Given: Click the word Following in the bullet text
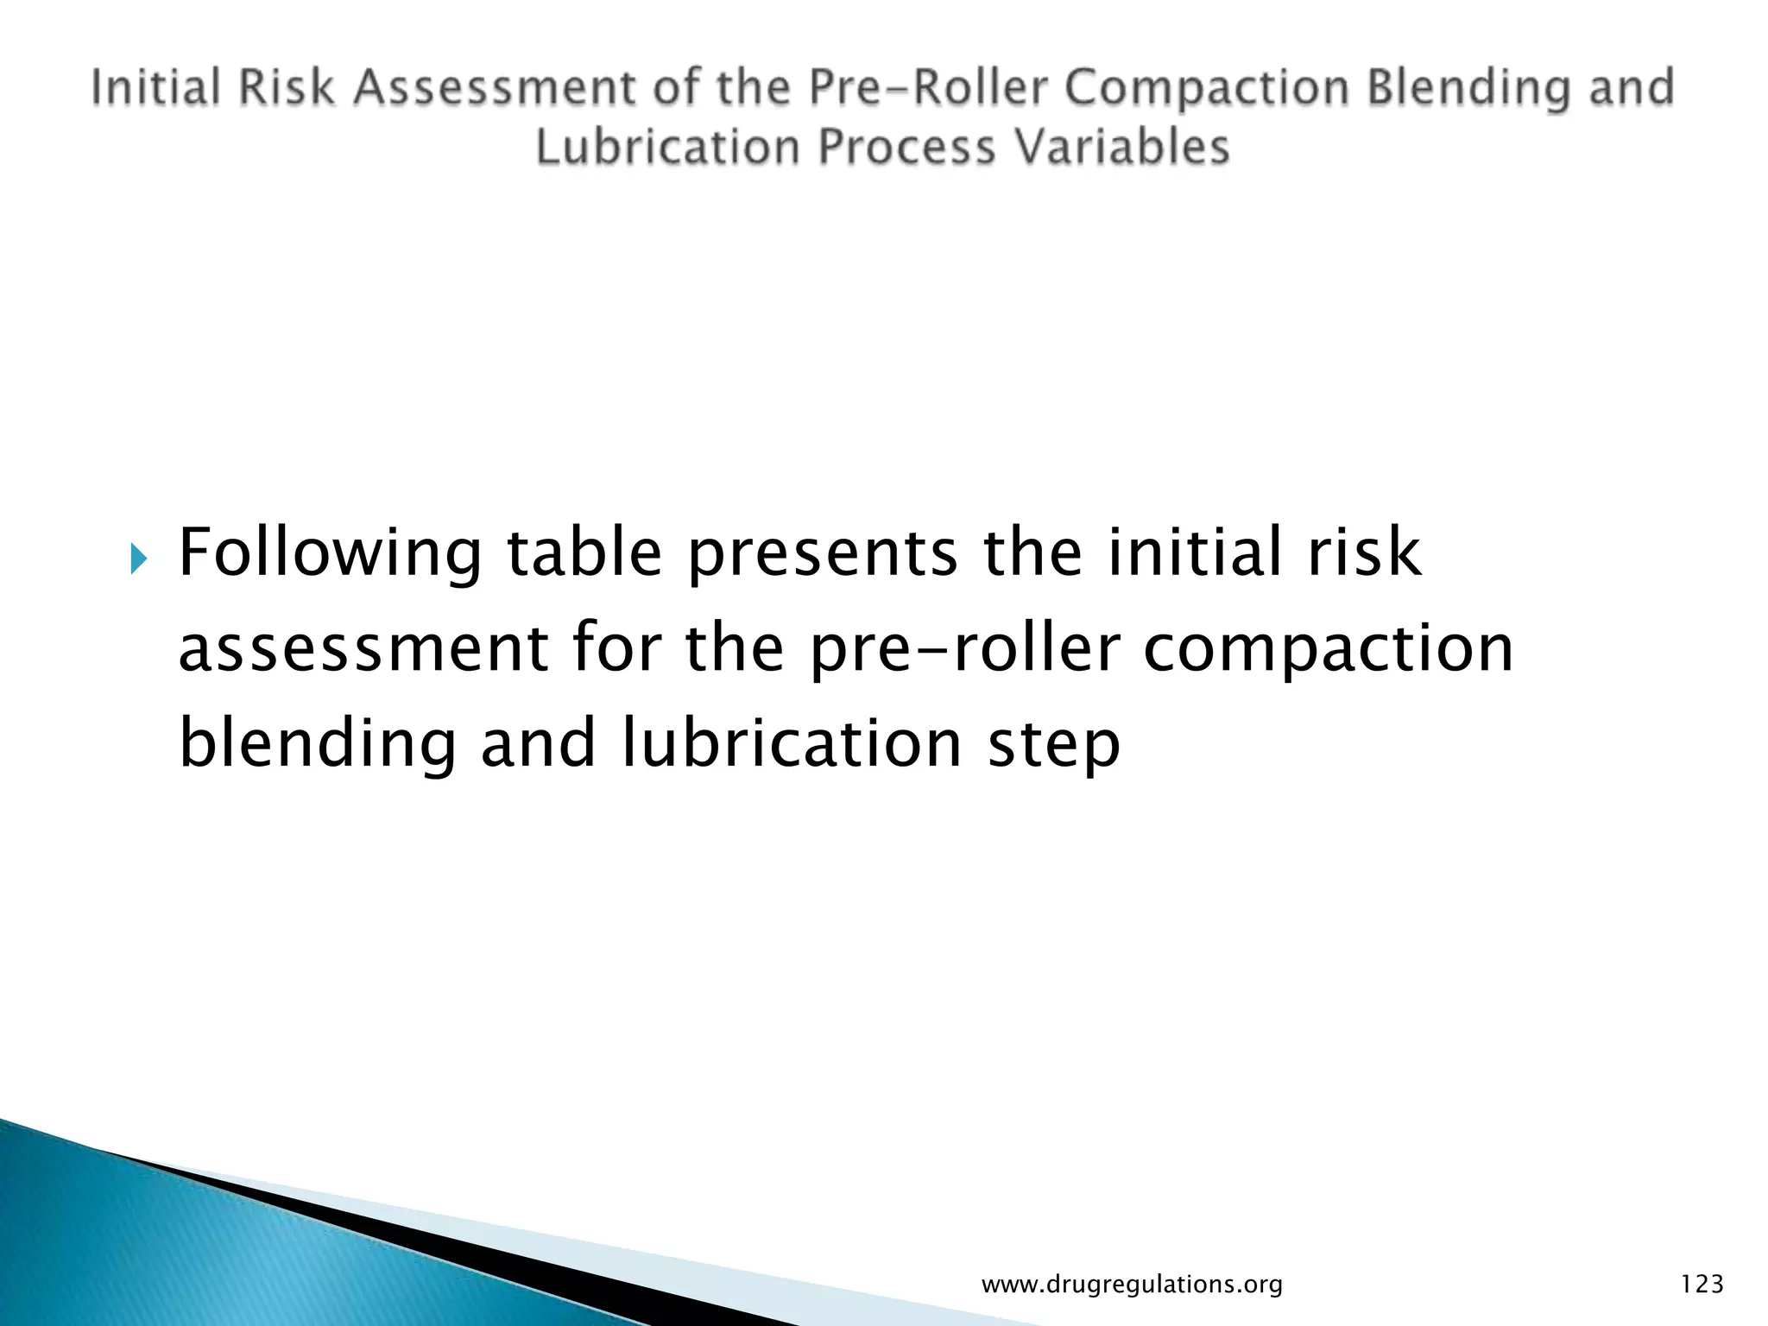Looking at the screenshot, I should [329, 554].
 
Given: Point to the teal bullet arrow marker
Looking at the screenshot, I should [139, 562].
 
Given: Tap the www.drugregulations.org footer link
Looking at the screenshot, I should [1132, 1285].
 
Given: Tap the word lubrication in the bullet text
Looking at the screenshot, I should [792, 744].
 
